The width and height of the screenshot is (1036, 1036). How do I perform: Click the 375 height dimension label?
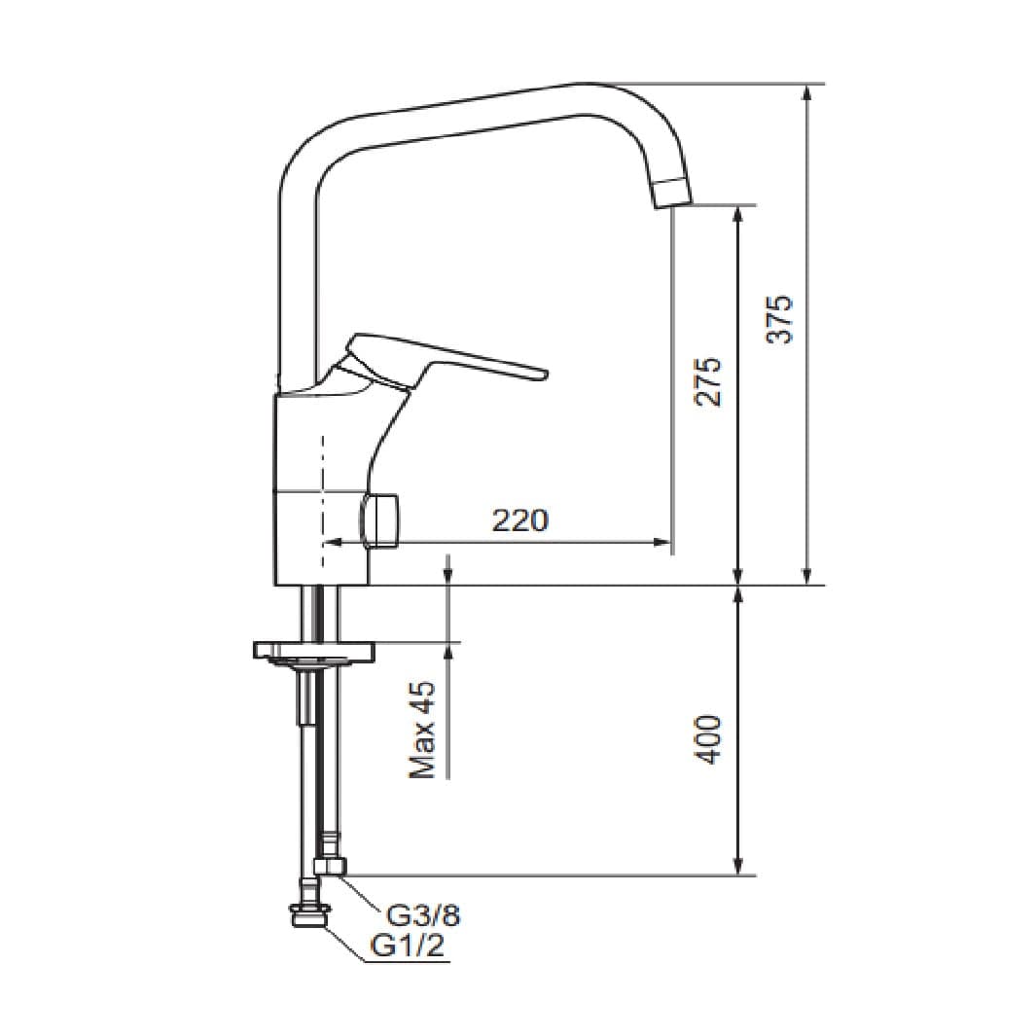(779, 319)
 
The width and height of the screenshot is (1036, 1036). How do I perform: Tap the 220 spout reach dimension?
(520, 520)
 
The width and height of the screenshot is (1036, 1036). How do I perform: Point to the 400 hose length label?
(709, 739)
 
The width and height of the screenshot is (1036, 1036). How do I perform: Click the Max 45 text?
(422, 730)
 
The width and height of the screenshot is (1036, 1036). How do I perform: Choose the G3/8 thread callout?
(423, 915)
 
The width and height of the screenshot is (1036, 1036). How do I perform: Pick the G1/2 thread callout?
(407, 946)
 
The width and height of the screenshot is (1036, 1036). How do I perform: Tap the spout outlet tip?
(672, 194)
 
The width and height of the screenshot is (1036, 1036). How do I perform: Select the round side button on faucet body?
(379, 521)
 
